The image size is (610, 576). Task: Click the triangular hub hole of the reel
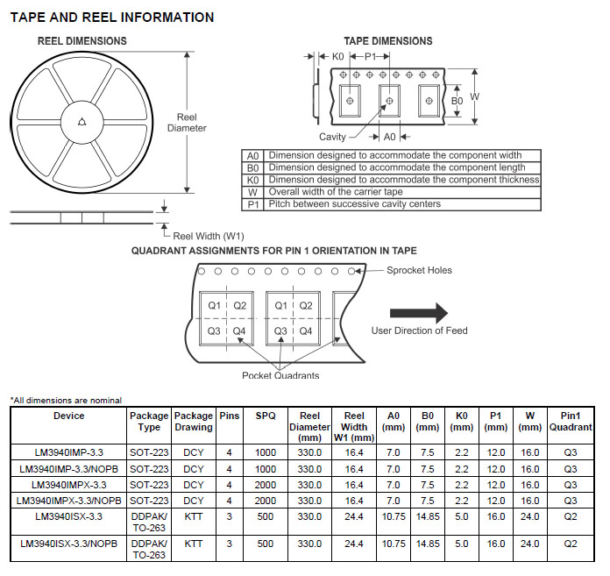pyautogui.click(x=82, y=122)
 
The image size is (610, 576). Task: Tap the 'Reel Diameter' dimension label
pyautogui.click(x=187, y=123)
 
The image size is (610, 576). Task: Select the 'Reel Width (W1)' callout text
pyautogui.click(x=208, y=236)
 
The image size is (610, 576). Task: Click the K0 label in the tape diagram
pyautogui.click(x=337, y=57)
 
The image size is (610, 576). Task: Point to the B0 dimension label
pyautogui.click(x=457, y=101)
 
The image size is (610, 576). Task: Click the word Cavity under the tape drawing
pyautogui.click(x=332, y=137)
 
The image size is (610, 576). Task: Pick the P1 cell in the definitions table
pyautogui.click(x=253, y=204)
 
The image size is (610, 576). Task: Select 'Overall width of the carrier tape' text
pyautogui.click(x=336, y=192)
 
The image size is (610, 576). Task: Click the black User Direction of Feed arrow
pyautogui.click(x=419, y=313)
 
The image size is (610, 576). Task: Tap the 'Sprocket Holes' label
pyautogui.click(x=419, y=271)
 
